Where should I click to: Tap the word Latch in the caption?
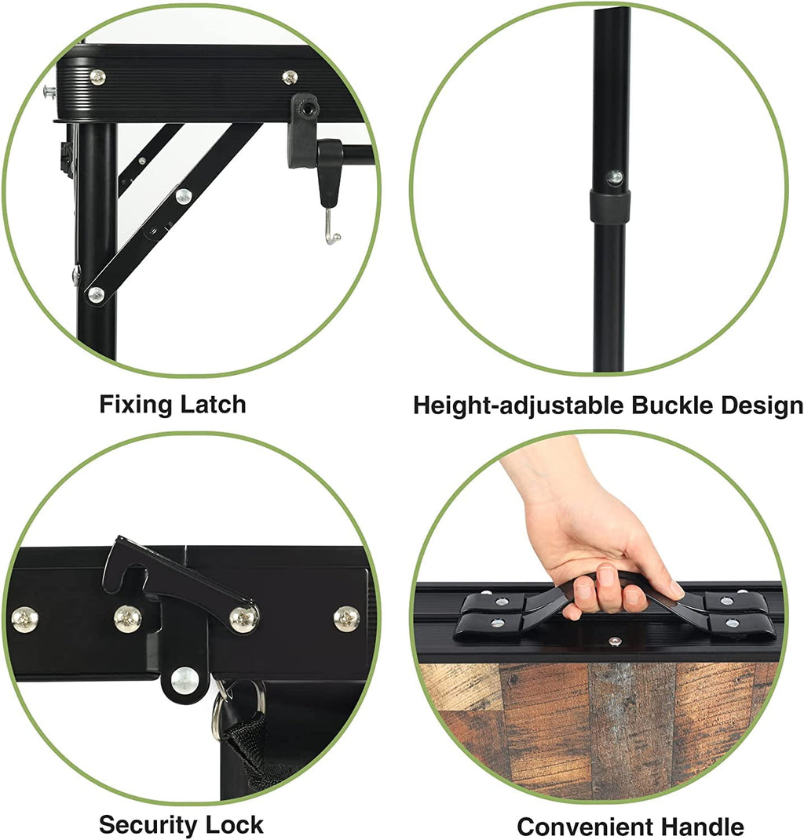tap(213, 404)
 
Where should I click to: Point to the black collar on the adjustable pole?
tap(610, 206)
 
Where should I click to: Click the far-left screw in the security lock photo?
tap(24, 620)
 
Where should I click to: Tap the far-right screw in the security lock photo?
tap(347, 619)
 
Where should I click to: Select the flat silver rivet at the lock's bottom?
tap(185, 680)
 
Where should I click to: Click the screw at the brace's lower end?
tap(96, 294)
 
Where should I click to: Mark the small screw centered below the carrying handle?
tap(616, 640)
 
